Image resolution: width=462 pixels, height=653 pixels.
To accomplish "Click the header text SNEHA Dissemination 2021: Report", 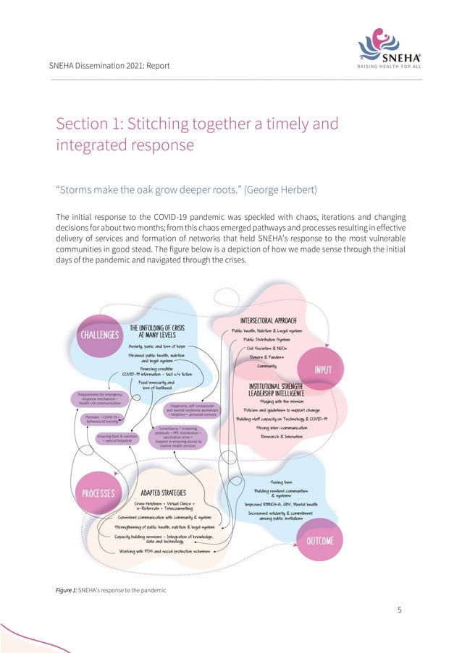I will coord(109,66).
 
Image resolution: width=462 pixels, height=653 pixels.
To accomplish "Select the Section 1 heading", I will coord(197,134).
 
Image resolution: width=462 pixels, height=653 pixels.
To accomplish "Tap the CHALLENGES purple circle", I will coord(98,335).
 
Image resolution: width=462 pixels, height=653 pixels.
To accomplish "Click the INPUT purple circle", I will coord(323,370).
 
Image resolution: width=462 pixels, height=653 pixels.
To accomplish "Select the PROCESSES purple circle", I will coord(98,493).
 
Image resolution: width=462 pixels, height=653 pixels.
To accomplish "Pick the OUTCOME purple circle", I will coord(319,540).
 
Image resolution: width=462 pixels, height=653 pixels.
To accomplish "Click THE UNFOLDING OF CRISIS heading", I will coord(158,332).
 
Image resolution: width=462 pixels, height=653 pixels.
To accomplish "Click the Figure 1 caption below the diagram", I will coord(111,591).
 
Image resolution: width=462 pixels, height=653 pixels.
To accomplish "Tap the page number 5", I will coord(399,610).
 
